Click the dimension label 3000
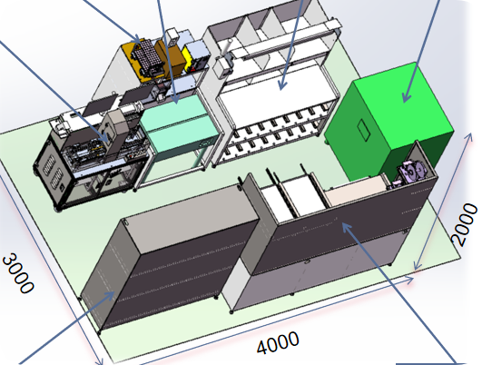(x=18, y=273)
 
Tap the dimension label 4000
(x=278, y=342)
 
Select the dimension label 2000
(x=464, y=224)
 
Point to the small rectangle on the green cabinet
(x=364, y=131)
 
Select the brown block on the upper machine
(x=171, y=59)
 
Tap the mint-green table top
(x=179, y=123)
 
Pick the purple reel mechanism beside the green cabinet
(x=412, y=173)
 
